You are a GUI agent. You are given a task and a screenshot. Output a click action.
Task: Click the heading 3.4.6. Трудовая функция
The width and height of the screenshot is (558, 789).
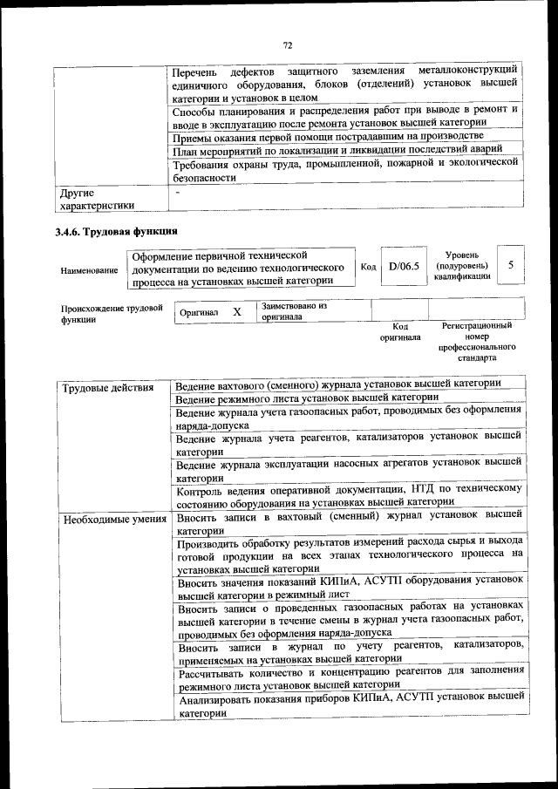[x=116, y=232]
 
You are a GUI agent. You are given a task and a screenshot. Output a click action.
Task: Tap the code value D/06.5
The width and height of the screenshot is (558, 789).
[x=404, y=267]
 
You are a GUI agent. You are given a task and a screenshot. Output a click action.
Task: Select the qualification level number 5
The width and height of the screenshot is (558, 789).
[x=511, y=264]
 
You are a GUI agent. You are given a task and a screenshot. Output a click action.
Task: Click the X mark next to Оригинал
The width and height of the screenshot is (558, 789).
[x=236, y=311]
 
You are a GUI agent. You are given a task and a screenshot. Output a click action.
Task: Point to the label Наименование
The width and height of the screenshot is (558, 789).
[x=89, y=271]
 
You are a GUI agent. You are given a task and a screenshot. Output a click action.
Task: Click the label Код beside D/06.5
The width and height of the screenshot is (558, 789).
[x=368, y=267]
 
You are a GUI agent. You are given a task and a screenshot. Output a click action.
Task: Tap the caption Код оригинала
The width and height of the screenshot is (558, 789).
[x=400, y=331]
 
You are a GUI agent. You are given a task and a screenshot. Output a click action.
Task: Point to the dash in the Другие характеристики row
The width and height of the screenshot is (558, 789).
[x=177, y=192]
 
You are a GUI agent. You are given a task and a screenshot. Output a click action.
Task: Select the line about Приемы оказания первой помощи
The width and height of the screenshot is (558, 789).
[x=328, y=137]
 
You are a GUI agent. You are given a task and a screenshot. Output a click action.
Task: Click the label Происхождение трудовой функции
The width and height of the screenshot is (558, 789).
[x=112, y=313]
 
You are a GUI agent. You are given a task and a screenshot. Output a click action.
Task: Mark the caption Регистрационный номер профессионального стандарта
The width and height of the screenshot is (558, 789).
[x=476, y=341]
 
